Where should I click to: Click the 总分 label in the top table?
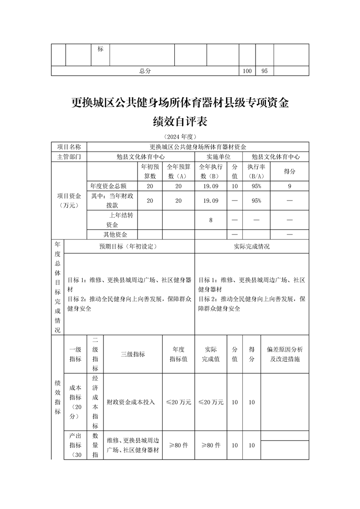(145, 71)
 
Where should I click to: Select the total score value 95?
(265, 71)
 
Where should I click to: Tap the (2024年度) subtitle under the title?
(180, 137)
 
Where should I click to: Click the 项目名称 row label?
(69, 147)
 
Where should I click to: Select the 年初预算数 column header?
(150, 171)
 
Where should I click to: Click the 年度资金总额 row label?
(108, 186)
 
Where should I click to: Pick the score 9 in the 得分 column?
(290, 186)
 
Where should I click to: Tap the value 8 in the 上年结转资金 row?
(211, 220)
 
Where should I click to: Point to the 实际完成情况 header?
(252, 246)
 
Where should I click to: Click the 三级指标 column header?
(133, 354)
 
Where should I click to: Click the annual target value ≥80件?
(178, 445)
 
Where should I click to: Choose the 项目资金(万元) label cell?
(69, 201)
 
